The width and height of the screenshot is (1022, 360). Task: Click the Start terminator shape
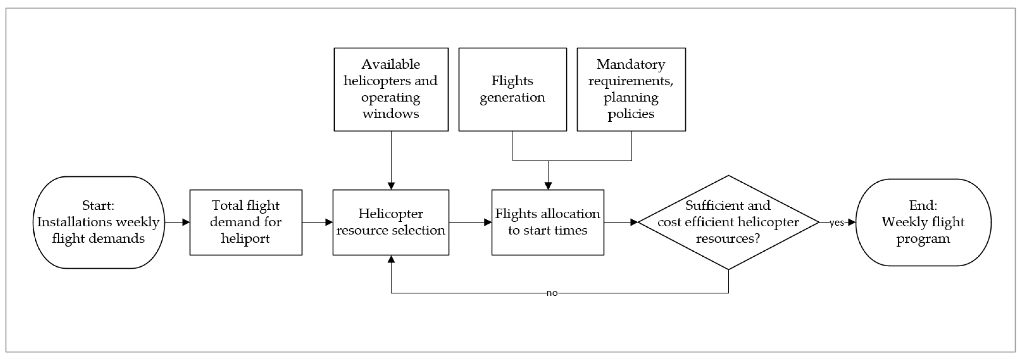click(98, 222)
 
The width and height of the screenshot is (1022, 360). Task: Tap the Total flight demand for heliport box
click(246, 222)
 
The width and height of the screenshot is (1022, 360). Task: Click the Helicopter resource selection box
click(391, 222)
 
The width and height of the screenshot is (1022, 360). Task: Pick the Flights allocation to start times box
click(548, 222)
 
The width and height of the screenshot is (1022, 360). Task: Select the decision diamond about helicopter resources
click(728, 222)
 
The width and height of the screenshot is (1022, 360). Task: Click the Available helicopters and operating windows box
click(391, 89)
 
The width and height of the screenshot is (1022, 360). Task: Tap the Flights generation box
click(512, 89)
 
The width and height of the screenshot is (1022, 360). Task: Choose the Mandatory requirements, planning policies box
click(631, 89)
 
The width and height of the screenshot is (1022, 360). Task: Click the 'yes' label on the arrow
click(836, 223)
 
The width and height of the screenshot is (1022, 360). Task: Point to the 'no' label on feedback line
click(552, 293)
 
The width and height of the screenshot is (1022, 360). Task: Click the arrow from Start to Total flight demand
click(177, 222)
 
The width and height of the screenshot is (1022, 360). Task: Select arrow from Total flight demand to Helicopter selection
click(317, 222)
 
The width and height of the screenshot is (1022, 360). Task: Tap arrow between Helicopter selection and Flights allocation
click(470, 222)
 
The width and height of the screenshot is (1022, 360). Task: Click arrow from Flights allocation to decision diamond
click(621, 222)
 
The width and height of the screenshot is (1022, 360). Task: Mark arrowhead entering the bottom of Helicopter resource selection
click(391, 259)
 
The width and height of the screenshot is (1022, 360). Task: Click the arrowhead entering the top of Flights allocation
click(548, 185)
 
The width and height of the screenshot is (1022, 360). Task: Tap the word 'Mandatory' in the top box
click(631, 64)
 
